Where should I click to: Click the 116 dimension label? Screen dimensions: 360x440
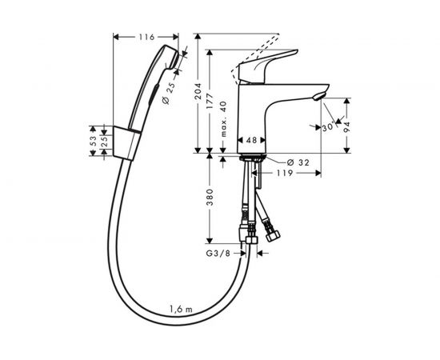pyautogui.click(x=144, y=38)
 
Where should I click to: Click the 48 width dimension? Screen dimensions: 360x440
pyautogui.click(x=250, y=139)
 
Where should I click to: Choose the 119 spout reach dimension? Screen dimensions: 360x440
pyautogui.click(x=286, y=172)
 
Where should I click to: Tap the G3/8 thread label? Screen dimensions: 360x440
pyautogui.click(x=211, y=254)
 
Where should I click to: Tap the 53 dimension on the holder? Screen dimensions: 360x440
pyautogui.click(x=92, y=138)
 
